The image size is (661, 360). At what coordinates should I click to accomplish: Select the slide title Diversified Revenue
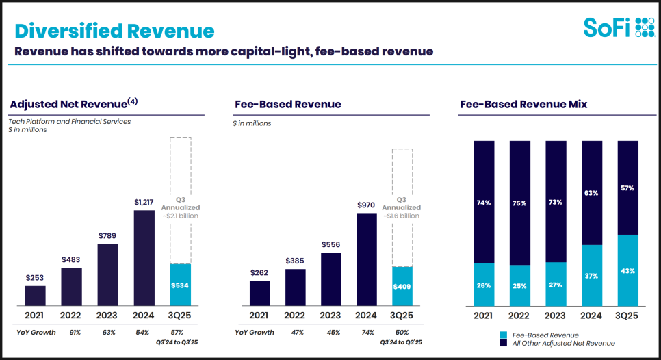point(114,31)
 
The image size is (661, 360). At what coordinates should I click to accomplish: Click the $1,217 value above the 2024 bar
point(144,202)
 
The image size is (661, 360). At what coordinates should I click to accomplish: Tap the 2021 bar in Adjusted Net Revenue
point(35,295)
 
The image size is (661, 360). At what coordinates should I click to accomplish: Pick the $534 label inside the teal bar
point(180,285)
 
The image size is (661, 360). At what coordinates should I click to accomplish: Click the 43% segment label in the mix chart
point(627,271)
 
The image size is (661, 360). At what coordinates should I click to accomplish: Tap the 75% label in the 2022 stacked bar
point(520,203)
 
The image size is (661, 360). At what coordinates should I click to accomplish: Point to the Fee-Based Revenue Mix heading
point(523,105)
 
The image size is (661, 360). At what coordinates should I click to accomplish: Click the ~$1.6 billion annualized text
point(401,216)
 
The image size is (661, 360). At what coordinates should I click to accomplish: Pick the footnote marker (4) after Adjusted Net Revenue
point(132,102)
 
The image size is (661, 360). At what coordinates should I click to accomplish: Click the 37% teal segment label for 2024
point(592,276)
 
